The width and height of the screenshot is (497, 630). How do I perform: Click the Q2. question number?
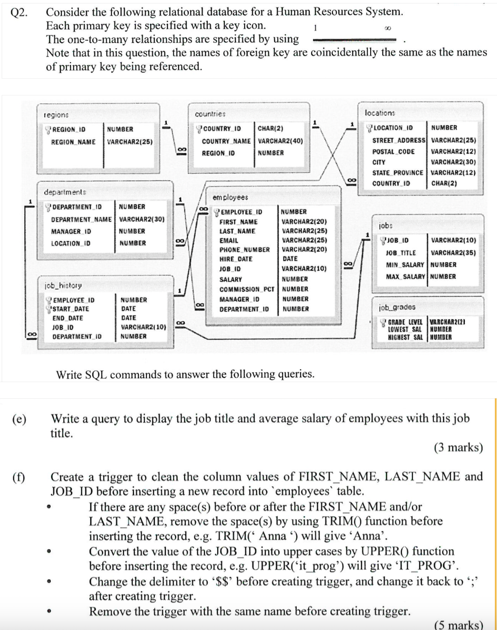tap(19, 12)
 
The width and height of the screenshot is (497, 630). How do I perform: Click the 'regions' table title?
tap(56, 115)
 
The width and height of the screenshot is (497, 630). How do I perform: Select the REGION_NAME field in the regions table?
tap(73, 142)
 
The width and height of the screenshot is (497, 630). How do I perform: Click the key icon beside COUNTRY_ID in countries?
tap(199, 128)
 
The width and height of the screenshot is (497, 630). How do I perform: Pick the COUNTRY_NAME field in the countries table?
tap(226, 141)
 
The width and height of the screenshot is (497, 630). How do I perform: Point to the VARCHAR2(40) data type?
tap(280, 141)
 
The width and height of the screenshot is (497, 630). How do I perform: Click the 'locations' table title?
tap(380, 113)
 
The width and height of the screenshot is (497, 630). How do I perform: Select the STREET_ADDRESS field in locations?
tap(399, 140)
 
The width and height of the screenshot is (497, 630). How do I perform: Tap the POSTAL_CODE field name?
tap(393, 152)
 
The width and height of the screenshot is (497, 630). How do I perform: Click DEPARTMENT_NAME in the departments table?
tap(81, 220)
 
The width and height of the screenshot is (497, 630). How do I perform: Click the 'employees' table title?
tap(230, 198)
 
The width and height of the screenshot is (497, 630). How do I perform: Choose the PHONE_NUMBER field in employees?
tap(245, 250)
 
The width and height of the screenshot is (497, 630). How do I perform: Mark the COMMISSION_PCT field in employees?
tap(246, 289)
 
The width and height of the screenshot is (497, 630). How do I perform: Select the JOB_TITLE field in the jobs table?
tap(401, 253)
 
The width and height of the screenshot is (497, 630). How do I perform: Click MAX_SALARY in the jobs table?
tap(405, 276)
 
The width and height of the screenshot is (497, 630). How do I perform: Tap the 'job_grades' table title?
tap(397, 307)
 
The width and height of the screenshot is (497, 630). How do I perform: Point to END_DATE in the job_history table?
tap(67, 318)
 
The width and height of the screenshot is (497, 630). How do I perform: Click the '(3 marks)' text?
tap(458, 448)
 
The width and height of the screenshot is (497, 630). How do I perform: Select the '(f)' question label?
tap(18, 477)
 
